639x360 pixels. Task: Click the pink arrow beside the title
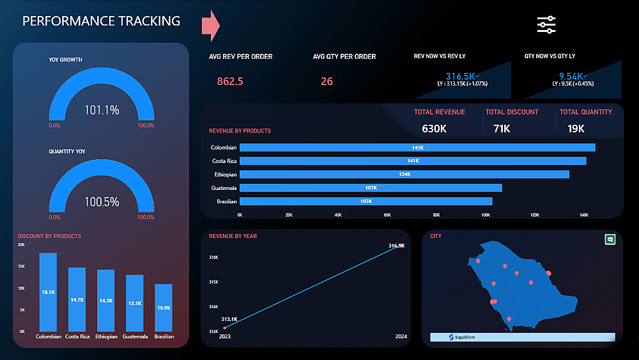[210, 24]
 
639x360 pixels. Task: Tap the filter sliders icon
[546, 24]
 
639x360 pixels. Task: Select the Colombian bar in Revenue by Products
[417, 148]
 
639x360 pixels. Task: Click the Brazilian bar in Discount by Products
[164, 307]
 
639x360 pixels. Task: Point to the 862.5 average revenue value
[230, 81]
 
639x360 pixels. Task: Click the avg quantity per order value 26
[327, 81]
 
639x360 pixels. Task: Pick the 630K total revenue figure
[435, 129]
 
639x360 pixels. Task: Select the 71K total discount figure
[502, 129]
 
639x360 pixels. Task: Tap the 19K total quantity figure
[576, 129]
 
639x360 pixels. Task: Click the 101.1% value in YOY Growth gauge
[102, 110]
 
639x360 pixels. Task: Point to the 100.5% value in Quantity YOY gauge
[102, 201]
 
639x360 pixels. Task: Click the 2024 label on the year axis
[401, 336]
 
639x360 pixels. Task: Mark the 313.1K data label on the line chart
[229, 319]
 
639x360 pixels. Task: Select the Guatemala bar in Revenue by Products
[371, 188]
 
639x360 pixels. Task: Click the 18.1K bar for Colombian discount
[48, 292]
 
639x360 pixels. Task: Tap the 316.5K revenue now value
[459, 76]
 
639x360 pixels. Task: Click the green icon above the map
[610, 239]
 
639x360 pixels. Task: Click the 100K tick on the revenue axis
[485, 215]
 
